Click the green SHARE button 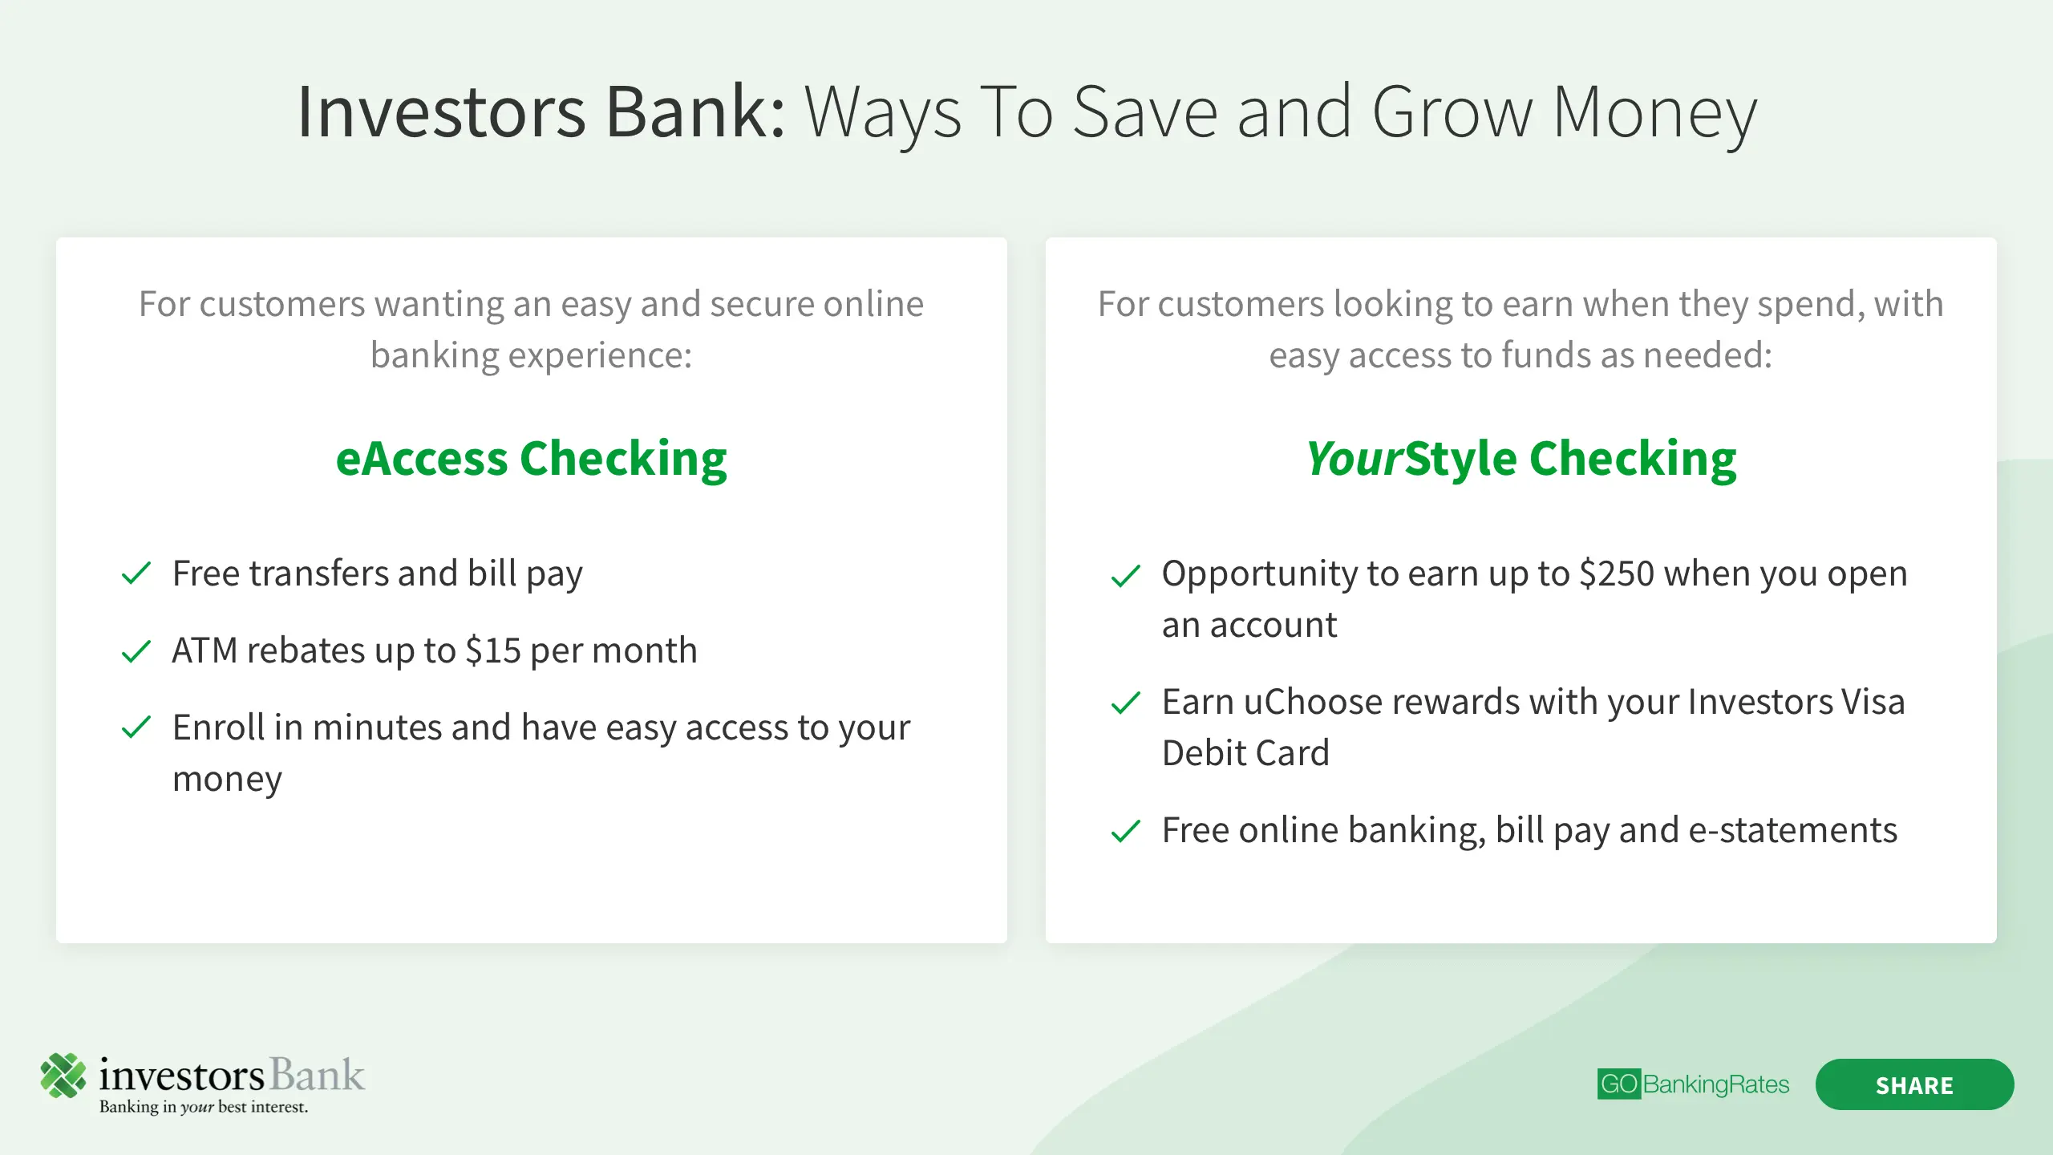tap(1914, 1084)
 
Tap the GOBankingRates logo tap(1693, 1084)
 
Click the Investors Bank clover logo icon tap(63, 1075)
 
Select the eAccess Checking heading tap(531, 459)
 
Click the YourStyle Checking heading tap(1521, 459)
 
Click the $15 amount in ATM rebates tap(493, 650)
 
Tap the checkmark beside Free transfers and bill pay tap(136, 573)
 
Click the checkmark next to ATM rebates tap(136, 650)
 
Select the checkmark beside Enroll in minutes tap(136, 727)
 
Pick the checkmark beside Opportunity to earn tap(1126, 575)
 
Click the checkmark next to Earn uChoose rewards tap(1126, 703)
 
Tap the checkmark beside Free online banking tap(1126, 831)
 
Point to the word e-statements tap(1793, 830)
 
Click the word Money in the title tap(1654, 114)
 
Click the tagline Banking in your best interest tap(204, 1107)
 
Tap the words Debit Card tap(1245, 753)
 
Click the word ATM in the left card tap(204, 650)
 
